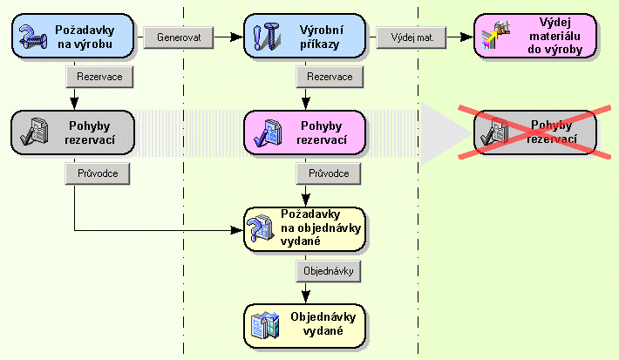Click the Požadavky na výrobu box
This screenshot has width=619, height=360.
74,37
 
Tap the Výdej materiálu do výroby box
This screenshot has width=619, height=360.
534,37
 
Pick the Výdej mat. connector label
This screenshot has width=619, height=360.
412,37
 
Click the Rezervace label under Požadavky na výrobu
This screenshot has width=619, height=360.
99,77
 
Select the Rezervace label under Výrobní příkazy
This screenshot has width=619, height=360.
330,77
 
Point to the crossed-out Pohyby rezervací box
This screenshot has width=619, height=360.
534,132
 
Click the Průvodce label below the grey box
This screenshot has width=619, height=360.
99,173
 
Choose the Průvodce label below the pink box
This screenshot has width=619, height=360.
330,173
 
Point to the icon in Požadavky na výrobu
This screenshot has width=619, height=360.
34,37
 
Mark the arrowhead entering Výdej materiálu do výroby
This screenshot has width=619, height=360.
469,37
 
